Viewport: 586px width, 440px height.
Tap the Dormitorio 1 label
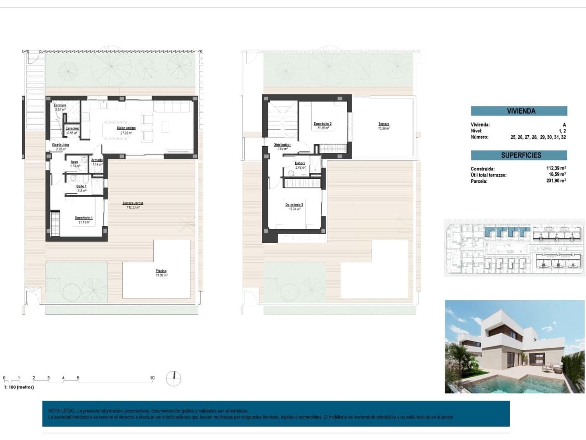84,218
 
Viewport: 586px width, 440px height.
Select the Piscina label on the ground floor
161,271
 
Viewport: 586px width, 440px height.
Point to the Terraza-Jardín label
133,203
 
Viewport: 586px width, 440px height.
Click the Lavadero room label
72,128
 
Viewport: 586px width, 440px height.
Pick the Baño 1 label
81,187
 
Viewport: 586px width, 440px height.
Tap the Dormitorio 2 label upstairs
323,124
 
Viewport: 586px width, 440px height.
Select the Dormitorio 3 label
294,205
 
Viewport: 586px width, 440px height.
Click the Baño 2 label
300,163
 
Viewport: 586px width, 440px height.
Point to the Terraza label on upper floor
383,124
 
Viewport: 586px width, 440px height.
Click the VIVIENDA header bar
519,111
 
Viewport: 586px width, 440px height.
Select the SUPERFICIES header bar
519,155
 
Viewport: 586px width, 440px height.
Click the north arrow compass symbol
174,379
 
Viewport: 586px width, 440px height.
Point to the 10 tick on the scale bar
152,378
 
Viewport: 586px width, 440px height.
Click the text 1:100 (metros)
19,387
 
